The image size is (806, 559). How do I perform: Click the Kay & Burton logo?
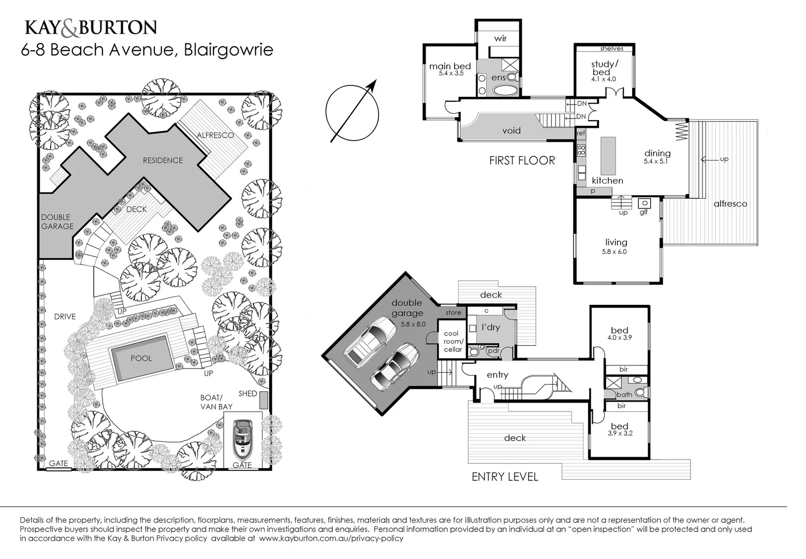[91, 28]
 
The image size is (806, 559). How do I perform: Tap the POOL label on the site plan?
[141, 358]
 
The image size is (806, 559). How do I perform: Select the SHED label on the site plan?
[247, 393]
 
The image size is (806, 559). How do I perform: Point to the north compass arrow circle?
[352, 112]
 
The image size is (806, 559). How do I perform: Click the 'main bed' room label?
[450, 66]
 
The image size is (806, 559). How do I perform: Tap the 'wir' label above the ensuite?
[500, 38]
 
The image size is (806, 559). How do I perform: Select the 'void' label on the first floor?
[511, 130]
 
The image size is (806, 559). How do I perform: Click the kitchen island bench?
[608, 156]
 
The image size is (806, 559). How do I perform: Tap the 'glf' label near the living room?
[643, 212]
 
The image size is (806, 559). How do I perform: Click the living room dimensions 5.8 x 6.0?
[614, 252]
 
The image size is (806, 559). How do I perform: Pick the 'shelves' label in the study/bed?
[611, 49]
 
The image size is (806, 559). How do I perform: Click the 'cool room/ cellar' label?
[452, 342]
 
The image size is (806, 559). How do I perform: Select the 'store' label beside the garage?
[453, 313]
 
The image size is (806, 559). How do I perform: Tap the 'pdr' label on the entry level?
[493, 351]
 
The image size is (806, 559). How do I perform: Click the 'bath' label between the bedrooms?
[624, 394]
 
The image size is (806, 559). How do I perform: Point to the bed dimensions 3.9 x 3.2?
[620, 433]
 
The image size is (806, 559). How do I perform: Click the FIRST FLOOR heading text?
[522, 161]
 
